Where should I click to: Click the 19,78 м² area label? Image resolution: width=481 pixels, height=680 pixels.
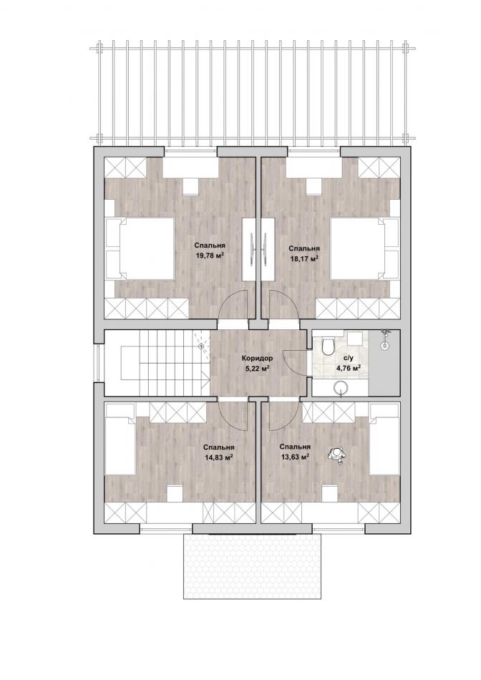click(210, 256)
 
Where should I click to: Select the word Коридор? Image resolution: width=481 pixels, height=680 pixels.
click(257, 359)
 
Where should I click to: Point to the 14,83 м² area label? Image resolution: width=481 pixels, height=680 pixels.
click(220, 457)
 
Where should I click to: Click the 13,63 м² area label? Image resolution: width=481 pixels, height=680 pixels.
click(295, 456)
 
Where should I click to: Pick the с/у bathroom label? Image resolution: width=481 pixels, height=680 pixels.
click(348, 359)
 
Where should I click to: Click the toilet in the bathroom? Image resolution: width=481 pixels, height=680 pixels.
click(329, 345)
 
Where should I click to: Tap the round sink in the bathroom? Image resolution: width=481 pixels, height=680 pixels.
click(341, 387)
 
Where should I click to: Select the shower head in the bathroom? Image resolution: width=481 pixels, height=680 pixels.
click(384, 339)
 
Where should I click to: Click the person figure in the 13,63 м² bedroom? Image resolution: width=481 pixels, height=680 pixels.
click(336, 455)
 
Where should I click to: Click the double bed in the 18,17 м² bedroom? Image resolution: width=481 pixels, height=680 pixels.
click(365, 248)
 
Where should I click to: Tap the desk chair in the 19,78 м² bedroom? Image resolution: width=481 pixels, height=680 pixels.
click(190, 187)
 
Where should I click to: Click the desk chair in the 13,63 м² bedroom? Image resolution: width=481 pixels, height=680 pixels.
click(330, 493)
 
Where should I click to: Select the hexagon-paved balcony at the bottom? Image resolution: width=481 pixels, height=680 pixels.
click(252, 566)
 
